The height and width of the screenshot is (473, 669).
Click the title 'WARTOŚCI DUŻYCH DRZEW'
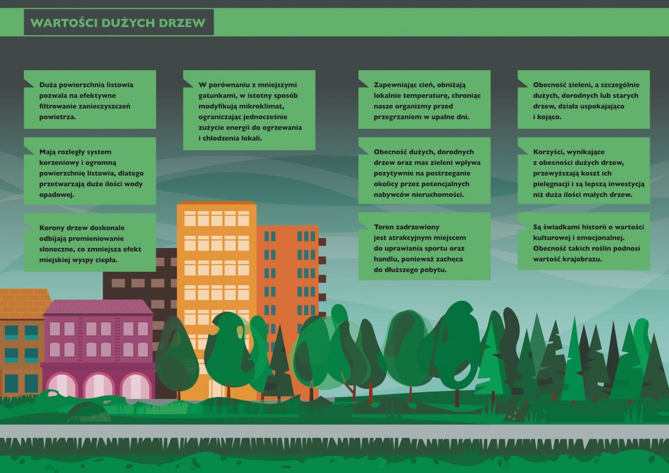pos(118,22)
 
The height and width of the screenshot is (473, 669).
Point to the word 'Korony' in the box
pos(50,228)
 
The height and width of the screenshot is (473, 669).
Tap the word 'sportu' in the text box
pos(434,249)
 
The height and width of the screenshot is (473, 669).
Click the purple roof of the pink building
pos(98,306)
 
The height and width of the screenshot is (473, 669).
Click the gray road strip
pos(334,431)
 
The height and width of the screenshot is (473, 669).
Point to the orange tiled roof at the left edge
pos(24,303)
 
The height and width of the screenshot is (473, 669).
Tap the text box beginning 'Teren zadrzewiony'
pos(424,246)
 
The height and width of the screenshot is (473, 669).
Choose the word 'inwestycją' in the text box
pos(626,184)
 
